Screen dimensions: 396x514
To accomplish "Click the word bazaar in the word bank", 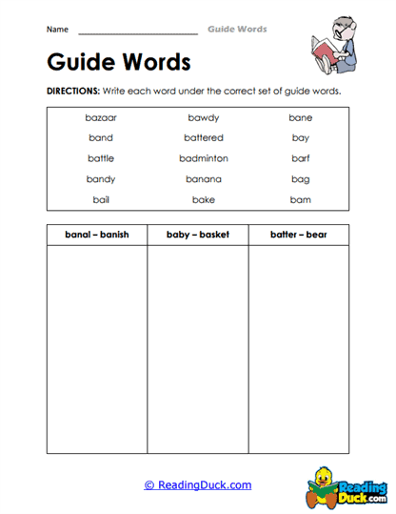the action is point(101,118).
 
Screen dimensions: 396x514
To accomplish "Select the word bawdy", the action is point(204,118).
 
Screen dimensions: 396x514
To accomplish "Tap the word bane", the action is point(301,118).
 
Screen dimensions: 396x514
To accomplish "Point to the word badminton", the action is point(204,158).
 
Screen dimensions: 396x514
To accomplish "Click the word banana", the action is point(204,179).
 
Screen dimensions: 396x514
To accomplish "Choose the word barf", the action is point(301,158).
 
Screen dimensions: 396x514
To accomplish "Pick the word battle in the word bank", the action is point(101,158).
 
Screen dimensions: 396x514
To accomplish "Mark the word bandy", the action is point(101,179).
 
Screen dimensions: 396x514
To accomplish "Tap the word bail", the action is point(101,200).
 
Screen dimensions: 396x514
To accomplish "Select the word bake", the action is point(204,200).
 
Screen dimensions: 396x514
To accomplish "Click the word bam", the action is point(301,200).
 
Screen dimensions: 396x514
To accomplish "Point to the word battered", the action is point(204,138).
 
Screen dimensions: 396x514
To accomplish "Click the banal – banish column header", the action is point(96,235).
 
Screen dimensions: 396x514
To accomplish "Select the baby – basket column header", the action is point(197,235).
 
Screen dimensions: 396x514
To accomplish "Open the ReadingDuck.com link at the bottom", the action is point(198,485).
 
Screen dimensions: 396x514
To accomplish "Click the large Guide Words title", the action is point(118,63).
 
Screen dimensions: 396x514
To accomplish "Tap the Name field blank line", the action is point(138,31).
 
